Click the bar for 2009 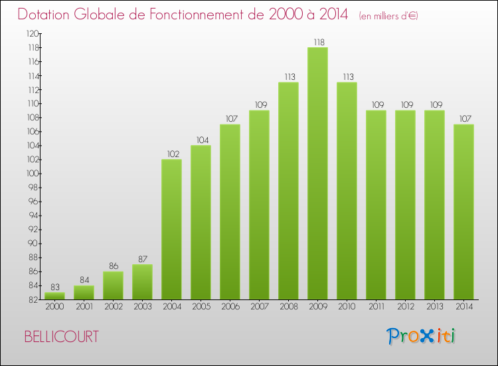317,173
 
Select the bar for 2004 171,230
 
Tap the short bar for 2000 54,296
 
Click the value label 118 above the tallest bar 317,42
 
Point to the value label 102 171,154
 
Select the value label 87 142,259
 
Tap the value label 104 201,140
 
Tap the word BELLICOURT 61,337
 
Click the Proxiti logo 422,336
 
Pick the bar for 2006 230,212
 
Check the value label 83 54,287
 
